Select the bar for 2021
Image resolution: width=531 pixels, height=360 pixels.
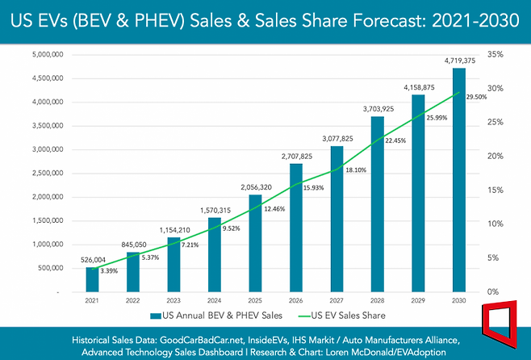(x=91, y=278)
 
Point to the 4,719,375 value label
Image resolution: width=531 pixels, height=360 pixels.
(x=459, y=60)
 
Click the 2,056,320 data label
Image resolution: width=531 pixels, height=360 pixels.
(x=255, y=187)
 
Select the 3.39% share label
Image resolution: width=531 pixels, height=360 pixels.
(x=111, y=270)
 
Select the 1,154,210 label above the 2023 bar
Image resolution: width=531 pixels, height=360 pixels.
(x=173, y=230)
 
